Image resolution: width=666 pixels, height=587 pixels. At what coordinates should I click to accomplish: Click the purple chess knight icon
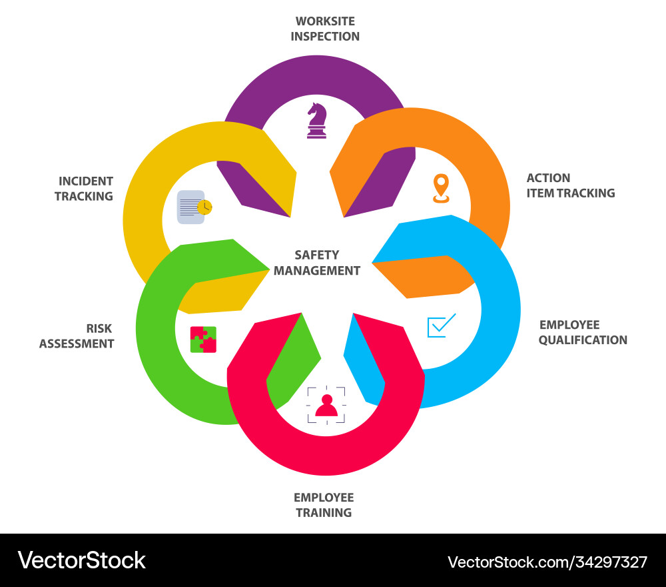[x=317, y=121]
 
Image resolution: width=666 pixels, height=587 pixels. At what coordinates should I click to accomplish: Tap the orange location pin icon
[x=441, y=187]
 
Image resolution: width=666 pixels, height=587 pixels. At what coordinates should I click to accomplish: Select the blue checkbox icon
[x=441, y=325]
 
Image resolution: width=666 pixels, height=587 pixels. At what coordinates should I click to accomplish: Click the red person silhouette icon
[x=326, y=405]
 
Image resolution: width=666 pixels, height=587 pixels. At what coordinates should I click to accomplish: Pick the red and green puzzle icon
[x=203, y=339]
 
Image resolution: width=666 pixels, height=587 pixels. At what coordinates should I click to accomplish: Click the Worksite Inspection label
[x=325, y=29]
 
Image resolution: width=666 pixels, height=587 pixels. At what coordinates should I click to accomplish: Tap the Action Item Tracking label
[x=570, y=185]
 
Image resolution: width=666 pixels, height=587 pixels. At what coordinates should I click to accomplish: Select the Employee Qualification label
[x=583, y=332]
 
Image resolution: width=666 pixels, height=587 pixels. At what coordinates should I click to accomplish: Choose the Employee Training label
[x=324, y=505]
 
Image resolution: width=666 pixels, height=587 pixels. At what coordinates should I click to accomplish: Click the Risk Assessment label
[x=77, y=336]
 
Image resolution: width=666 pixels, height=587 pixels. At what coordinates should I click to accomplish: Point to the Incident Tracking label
[x=85, y=188]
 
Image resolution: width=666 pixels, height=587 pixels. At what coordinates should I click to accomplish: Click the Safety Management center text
[x=317, y=263]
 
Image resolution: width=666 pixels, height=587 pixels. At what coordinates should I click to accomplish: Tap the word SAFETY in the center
[x=317, y=255]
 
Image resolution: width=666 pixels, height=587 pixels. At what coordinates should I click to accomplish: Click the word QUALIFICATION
[x=583, y=340]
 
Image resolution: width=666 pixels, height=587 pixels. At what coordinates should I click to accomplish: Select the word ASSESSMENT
[x=77, y=344]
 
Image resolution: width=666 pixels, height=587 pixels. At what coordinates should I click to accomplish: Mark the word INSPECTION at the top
[x=325, y=37]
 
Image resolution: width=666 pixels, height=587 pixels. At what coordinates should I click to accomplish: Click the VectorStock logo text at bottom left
[x=82, y=560]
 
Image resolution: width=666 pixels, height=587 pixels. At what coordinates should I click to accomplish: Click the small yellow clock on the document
[x=205, y=207]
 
